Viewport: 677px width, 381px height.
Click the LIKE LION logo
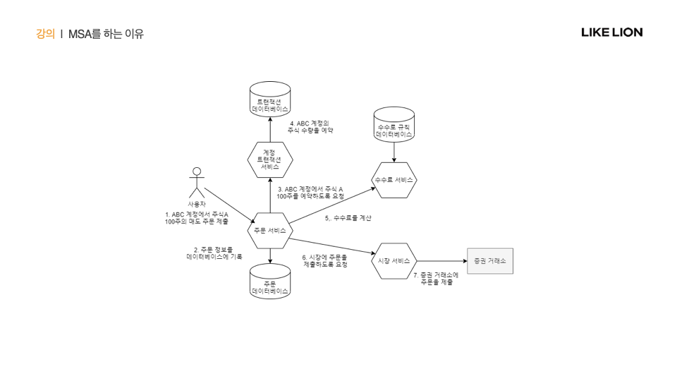(611, 32)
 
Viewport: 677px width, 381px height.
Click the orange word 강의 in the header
(45, 34)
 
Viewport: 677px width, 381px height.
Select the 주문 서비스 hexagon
(270, 231)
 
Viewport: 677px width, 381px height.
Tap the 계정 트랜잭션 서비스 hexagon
(270, 160)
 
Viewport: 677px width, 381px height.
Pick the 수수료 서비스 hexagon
(394, 180)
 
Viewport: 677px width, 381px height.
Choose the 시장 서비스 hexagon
(394, 261)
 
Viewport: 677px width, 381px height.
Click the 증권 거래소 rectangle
(490, 261)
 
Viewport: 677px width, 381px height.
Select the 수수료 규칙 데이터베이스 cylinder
(394, 125)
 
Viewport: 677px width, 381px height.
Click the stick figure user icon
(197, 183)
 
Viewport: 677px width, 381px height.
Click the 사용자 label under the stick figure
(197, 204)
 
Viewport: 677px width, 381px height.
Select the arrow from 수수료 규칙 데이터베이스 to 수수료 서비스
(394, 152)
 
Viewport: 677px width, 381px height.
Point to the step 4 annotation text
(310, 127)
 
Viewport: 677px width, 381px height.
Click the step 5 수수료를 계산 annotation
(348, 219)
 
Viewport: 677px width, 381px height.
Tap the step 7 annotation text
(436, 279)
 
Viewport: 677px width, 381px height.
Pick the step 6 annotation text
(325, 261)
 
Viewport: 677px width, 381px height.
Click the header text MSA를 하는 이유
(106, 34)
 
